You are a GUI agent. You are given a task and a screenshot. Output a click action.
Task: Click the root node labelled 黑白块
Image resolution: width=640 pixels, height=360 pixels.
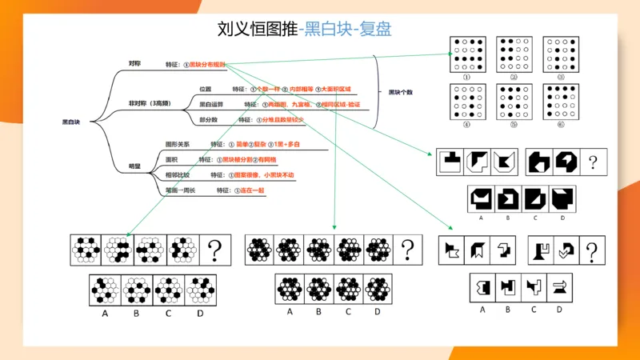[71, 122]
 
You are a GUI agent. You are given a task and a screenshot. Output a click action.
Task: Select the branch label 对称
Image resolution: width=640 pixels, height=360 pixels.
[134, 63]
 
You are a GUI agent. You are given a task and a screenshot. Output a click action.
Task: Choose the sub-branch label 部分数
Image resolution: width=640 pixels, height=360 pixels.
[208, 119]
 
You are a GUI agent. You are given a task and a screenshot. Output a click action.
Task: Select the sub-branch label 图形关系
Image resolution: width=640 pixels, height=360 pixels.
[178, 144]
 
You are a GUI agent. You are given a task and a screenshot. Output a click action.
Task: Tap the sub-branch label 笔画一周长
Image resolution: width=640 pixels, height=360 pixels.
[180, 190]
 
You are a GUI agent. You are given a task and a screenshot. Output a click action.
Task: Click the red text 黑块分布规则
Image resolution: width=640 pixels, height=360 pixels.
[207, 64]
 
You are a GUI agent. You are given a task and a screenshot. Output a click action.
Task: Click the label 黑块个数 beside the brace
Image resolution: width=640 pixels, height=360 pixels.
[400, 92]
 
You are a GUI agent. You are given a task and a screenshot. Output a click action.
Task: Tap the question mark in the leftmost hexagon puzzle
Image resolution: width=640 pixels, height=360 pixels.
[215, 250]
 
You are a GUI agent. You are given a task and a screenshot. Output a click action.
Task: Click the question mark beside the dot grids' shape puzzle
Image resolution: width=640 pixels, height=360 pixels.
[593, 162]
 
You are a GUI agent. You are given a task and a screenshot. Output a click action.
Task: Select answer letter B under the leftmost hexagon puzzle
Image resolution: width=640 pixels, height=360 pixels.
[136, 314]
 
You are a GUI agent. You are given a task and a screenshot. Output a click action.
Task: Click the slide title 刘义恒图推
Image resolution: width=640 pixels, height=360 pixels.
[256, 30]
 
